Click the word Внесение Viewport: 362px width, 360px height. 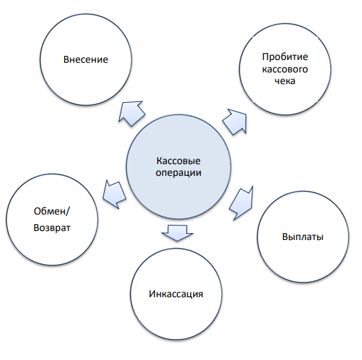tap(86, 59)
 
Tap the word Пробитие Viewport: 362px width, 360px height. tap(285, 57)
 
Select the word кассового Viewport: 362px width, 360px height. tap(285, 69)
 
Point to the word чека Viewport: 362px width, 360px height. tap(285, 81)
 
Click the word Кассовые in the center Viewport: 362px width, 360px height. tap(178, 161)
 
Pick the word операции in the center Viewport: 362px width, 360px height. tap(178, 172)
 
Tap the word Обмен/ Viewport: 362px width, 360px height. tap(52, 211)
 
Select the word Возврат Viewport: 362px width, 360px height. tap(52, 228)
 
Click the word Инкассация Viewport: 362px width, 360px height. tap(176, 294)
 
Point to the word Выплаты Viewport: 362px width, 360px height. tap(303, 237)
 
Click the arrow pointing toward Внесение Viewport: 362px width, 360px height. tap(131, 113)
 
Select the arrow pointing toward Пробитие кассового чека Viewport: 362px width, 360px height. tap(235, 122)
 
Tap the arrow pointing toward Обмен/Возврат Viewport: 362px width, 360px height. tap(114, 194)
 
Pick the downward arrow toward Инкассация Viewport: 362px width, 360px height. tap(177, 233)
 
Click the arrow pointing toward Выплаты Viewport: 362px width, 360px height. tap(241, 203)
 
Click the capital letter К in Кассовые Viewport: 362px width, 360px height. tap(159, 161)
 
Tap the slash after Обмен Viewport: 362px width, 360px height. tap(68, 211)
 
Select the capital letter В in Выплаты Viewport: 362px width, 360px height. tap(285, 237)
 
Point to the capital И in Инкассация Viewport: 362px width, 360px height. tap(152, 294)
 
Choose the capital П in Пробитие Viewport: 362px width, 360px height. tap(265, 57)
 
